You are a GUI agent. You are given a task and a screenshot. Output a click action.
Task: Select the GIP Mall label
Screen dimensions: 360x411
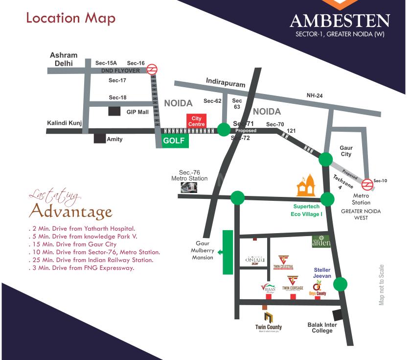[138, 112]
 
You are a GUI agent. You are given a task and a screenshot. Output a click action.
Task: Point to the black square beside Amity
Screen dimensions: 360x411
[100, 139]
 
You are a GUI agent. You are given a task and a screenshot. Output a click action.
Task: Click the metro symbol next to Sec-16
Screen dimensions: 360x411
[152, 69]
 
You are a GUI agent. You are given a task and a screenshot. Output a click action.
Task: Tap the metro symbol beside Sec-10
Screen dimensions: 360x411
[367, 184]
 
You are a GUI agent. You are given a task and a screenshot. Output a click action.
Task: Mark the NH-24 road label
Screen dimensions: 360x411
[315, 96]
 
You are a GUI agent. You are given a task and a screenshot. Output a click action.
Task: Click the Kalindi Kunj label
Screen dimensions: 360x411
[64, 123]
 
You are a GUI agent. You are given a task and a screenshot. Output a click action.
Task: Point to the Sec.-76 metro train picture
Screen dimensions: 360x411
[188, 188]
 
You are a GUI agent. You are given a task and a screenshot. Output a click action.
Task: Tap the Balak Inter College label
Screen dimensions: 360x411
[320, 327]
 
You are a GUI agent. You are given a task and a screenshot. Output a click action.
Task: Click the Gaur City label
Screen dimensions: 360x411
[346, 151]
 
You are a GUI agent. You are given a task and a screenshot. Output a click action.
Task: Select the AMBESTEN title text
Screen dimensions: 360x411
[340, 22]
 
